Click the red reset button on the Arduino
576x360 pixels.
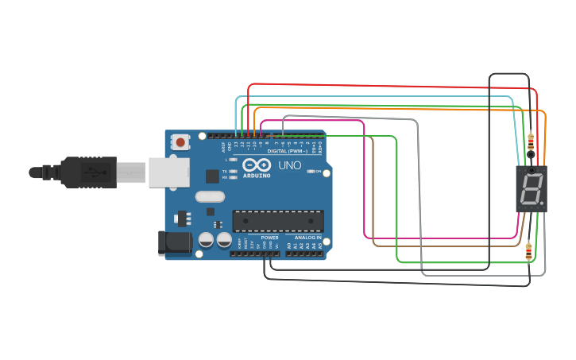[x=180, y=143]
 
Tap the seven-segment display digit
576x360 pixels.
[x=530, y=189]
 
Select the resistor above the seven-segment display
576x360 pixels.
[x=530, y=141]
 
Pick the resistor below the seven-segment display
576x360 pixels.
[x=529, y=251]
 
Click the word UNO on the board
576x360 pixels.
[x=289, y=166]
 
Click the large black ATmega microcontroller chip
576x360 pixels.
[x=277, y=222]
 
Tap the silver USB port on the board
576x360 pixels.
[x=169, y=172]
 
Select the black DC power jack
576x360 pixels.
[x=175, y=242]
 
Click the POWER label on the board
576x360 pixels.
[x=269, y=238]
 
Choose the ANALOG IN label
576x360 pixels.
[x=308, y=238]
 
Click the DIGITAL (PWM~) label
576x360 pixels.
[x=286, y=150]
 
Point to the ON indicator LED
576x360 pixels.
[x=311, y=172]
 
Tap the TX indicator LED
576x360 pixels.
[x=233, y=172]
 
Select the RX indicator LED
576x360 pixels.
[x=233, y=178]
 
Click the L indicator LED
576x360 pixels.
[x=233, y=160]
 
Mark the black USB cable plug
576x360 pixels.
[x=79, y=172]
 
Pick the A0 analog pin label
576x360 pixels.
[x=288, y=246]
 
